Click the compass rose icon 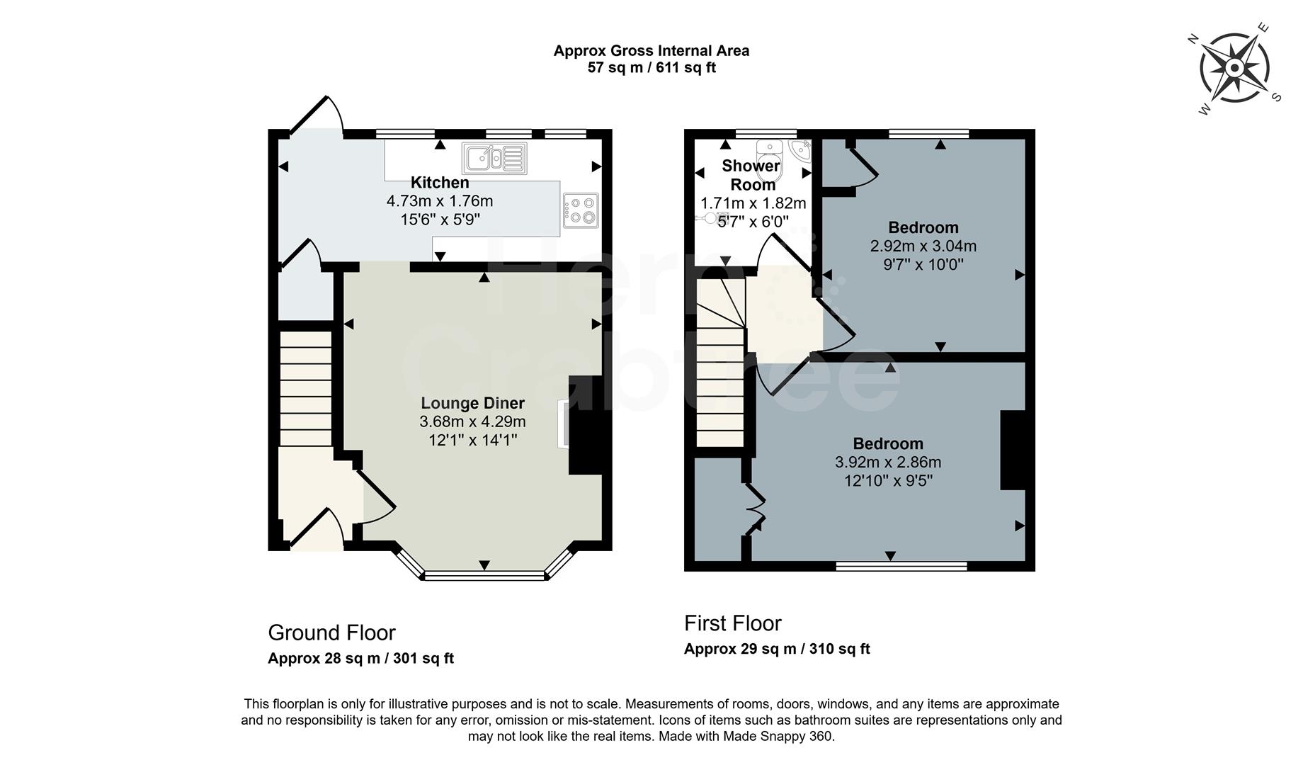click(1234, 69)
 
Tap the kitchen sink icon click(494, 158)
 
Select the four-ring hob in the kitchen click(581, 210)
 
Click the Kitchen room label click(440, 183)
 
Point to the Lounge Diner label click(472, 403)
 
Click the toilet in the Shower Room click(768, 153)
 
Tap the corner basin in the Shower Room click(802, 150)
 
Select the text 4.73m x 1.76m click(440, 201)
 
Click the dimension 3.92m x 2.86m click(888, 463)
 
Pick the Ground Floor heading click(331, 632)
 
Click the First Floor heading click(733, 623)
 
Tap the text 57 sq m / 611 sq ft click(651, 68)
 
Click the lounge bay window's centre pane click(484, 576)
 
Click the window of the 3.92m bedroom click(901, 566)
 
